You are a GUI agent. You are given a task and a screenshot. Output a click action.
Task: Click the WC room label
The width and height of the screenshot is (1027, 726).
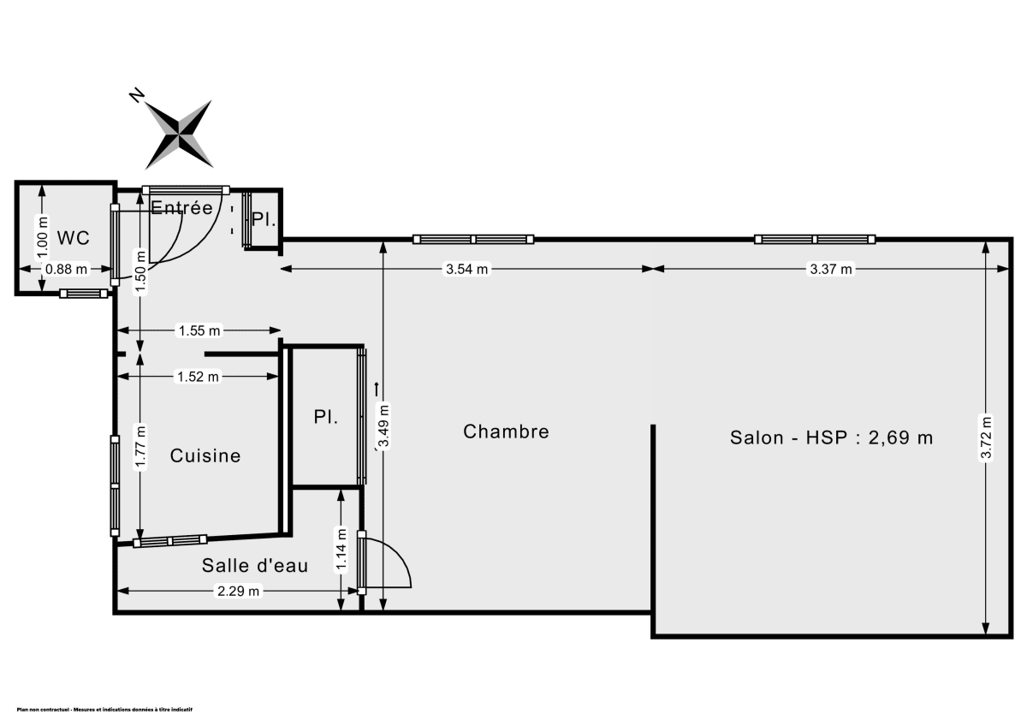click(x=73, y=237)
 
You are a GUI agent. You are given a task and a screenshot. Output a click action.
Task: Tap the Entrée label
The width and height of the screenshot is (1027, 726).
click(x=181, y=207)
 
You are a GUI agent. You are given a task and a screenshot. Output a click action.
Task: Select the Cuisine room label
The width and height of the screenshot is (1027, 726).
click(x=205, y=455)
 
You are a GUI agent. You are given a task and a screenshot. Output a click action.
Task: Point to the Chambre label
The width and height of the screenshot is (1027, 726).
click(x=506, y=431)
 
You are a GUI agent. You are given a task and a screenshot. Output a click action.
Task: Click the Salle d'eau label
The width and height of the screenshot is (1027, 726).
click(x=255, y=565)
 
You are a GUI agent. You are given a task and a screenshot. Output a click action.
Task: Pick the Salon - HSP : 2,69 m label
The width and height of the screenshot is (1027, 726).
click(x=831, y=437)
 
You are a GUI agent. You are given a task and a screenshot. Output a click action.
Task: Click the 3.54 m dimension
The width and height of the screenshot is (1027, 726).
click(x=466, y=270)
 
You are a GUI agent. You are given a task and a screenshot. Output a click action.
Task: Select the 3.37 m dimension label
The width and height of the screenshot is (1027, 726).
click(x=831, y=270)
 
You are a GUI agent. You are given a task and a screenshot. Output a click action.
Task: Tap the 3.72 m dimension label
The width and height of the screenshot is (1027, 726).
click(x=986, y=438)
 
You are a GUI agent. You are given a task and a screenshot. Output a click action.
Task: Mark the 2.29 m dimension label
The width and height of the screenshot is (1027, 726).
click(x=238, y=591)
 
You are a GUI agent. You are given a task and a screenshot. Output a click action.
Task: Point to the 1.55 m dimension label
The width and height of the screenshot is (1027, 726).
click(x=199, y=330)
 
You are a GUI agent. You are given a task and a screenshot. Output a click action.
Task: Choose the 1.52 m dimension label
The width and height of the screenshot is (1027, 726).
click(x=198, y=376)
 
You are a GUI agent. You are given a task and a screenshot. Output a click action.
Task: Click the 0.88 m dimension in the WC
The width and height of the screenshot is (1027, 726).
click(x=67, y=269)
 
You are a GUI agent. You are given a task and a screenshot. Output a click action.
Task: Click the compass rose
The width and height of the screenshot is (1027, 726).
click(x=179, y=134)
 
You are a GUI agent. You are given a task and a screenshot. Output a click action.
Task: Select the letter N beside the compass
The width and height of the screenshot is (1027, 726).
click(x=135, y=95)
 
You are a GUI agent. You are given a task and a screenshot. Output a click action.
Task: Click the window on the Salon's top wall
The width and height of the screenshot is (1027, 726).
click(x=815, y=239)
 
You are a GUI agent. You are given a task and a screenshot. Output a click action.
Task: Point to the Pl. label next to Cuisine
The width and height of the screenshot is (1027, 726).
click(x=324, y=418)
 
